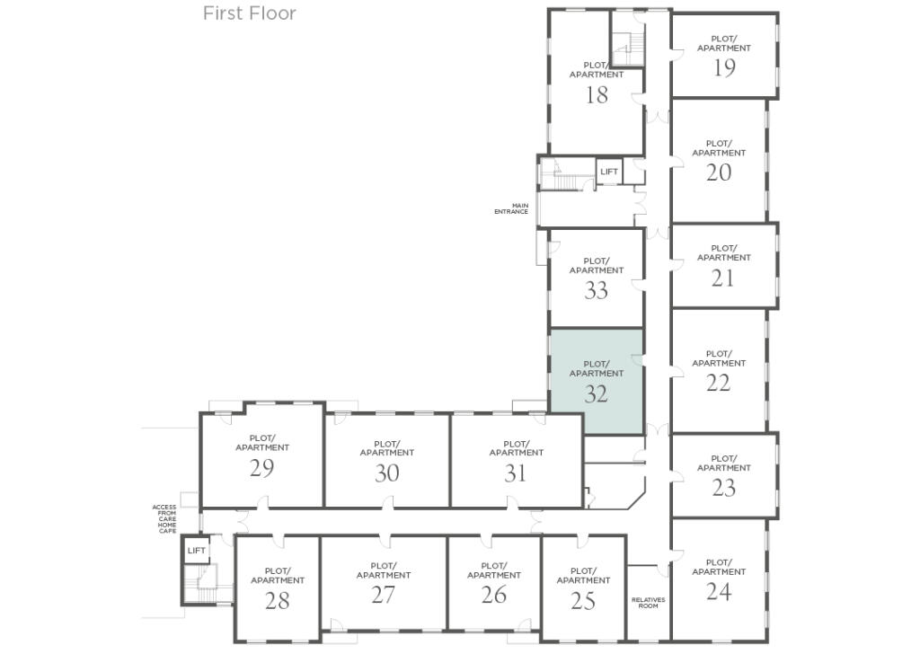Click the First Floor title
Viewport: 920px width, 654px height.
coord(249,13)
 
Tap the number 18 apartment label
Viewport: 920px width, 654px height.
coord(597,95)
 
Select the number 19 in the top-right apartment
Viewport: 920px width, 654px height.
coord(724,68)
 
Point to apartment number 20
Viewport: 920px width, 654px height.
coord(719,172)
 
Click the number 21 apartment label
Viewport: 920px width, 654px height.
coord(723,278)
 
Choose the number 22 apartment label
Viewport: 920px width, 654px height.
coord(718,383)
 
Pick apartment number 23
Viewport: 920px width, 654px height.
coord(723,487)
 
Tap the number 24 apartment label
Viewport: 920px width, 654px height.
coord(719,591)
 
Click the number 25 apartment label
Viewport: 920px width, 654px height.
coord(583,600)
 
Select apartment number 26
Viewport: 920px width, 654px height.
coord(494,595)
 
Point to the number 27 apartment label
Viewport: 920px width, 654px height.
coord(383,595)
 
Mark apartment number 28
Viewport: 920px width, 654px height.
coord(277,600)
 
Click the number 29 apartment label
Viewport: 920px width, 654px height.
coord(262,468)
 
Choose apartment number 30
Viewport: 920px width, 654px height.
coord(386,473)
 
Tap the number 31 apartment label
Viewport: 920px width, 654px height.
coord(515,473)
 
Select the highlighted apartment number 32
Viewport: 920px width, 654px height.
coord(596,393)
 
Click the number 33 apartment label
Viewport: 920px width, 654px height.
coord(596,290)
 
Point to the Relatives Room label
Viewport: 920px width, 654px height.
coord(648,603)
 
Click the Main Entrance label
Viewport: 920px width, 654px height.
coord(511,208)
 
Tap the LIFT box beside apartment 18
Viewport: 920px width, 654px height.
coord(609,172)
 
